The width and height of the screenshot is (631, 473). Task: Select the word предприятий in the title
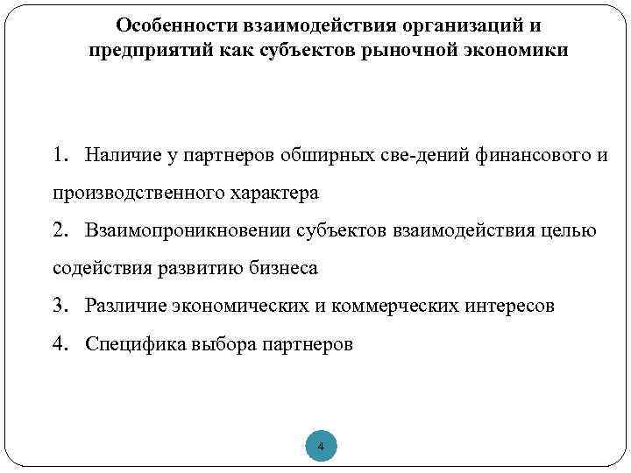(x=144, y=50)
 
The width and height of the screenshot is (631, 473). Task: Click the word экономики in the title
(x=519, y=50)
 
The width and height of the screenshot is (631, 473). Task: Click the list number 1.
(x=59, y=155)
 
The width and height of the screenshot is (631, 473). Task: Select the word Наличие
(x=119, y=155)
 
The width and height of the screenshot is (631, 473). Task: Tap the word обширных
(x=323, y=155)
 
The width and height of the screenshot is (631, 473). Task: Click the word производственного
(x=138, y=193)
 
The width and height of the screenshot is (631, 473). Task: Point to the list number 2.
(x=59, y=229)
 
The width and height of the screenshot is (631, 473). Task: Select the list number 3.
(x=59, y=305)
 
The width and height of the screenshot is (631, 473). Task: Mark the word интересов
(x=515, y=305)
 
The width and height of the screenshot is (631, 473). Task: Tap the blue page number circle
(x=321, y=448)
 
